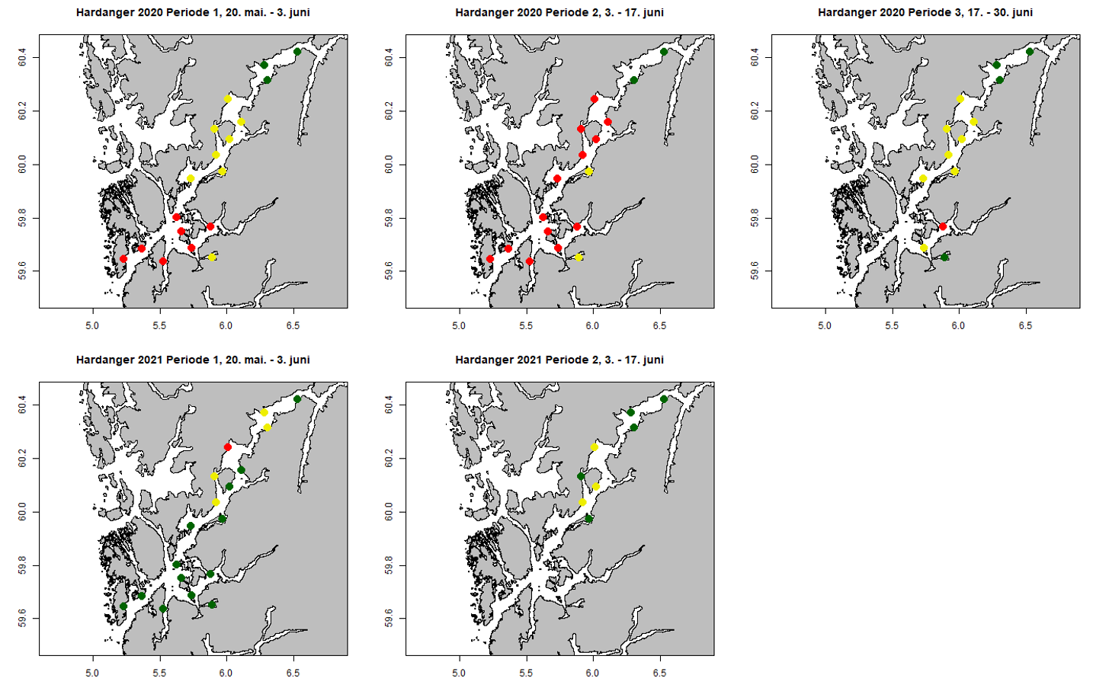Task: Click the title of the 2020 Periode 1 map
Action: pyautogui.click(x=193, y=12)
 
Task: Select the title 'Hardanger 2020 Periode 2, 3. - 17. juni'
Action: pyautogui.click(x=559, y=12)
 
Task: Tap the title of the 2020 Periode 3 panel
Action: pyautogui.click(x=925, y=12)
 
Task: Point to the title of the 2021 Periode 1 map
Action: pyautogui.click(x=193, y=360)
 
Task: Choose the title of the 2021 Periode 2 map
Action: pyautogui.click(x=559, y=360)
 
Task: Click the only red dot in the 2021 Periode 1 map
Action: pyautogui.click(x=227, y=447)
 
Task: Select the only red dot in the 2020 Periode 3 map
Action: pyautogui.click(x=943, y=226)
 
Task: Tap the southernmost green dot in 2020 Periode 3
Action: pyautogui.click(x=944, y=258)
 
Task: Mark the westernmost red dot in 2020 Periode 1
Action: pyautogui.click(x=123, y=259)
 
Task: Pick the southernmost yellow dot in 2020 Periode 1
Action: pyautogui.click(x=212, y=258)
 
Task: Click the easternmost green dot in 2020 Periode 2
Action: pyautogui.click(x=664, y=52)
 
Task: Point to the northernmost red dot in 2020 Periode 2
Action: pyautogui.click(x=595, y=99)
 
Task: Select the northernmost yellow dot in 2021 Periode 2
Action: pyautogui.click(x=595, y=447)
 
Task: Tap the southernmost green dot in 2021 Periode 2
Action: pyautogui.click(x=588, y=519)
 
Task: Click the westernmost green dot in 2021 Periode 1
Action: pyautogui.click(x=123, y=606)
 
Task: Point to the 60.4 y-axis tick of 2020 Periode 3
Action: pyautogui.click(x=755, y=57)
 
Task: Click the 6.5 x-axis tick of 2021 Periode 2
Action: pyautogui.click(x=659, y=673)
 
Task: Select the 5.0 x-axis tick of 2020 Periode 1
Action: pyautogui.click(x=92, y=325)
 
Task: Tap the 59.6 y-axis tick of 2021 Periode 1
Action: pyautogui.click(x=22, y=618)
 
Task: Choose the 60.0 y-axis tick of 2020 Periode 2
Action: pyautogui.click(x=389, y=165)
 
